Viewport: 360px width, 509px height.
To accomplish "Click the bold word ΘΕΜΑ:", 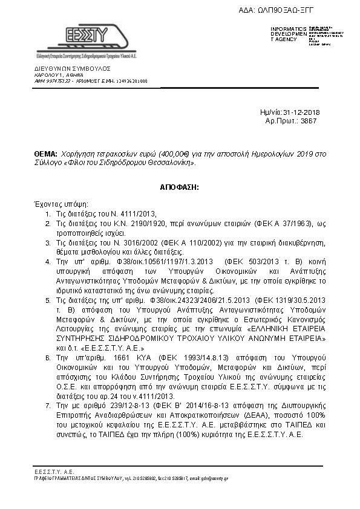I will (45, 155).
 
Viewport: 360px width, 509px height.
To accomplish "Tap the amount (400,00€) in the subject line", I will (140, 155).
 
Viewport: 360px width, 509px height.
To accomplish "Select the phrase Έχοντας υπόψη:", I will (61, 204).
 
